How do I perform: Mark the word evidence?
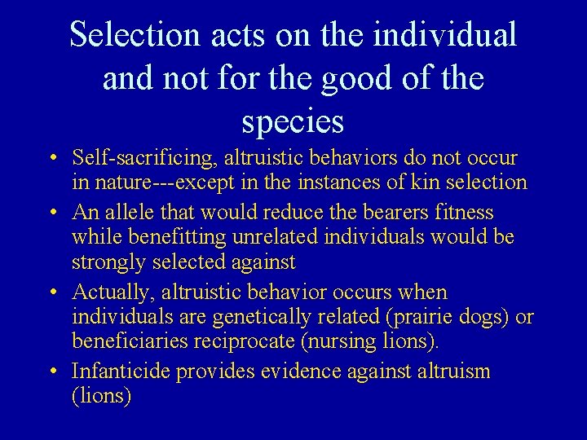[x=298, y=372]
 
